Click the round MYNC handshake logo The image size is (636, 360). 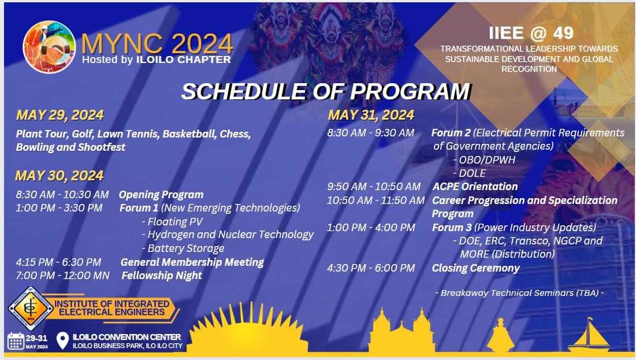coord(49,47)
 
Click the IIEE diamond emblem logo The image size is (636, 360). coord(31,308)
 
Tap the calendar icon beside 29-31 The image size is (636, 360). coord(16,341)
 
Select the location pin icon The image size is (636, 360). coord(62,340)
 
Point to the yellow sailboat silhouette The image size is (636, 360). coord(589,334)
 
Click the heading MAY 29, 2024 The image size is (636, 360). coord(60,115)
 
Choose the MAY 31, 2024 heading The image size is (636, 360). coord(371,115)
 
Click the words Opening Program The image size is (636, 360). coord(161,195)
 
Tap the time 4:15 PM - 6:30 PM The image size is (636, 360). coord(58,262)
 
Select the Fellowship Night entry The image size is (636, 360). coord(162,276)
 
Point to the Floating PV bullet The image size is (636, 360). coord(172,221)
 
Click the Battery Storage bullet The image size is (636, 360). coord(183,248)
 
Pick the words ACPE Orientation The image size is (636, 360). coord(475,187)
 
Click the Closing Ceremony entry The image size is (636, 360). coord(476,268)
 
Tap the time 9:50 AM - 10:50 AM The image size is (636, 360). coord(374,187)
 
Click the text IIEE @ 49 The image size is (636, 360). coord(531,34)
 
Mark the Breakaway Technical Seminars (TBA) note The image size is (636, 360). coord(519,293)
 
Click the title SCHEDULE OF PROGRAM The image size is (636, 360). coord(326,92)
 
